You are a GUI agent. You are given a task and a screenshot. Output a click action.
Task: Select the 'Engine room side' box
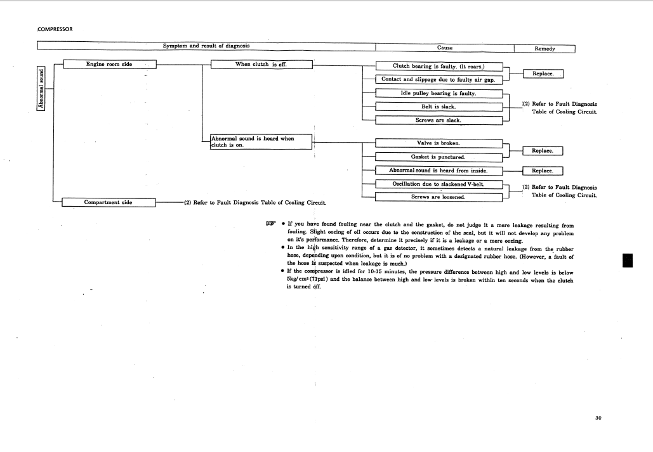point(109,64)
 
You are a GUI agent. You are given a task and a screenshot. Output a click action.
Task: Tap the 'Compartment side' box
point(109,202)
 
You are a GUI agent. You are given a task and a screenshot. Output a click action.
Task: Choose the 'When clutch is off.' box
point(261,64)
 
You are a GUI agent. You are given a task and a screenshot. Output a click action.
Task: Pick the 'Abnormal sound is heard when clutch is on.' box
point(261,141)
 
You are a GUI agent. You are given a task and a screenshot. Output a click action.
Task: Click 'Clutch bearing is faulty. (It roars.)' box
point(439,66)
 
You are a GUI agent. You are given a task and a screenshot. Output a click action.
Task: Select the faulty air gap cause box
point(439,79)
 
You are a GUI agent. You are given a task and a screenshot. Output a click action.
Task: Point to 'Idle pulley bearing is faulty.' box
point(439,93)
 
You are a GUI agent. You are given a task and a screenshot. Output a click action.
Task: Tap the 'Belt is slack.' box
point(439,107)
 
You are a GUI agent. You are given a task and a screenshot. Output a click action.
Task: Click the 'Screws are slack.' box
point(439,120)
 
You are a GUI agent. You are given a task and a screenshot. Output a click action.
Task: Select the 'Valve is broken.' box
point(439,143)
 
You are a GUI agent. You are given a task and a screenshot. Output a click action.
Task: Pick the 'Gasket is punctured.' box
point(439,157)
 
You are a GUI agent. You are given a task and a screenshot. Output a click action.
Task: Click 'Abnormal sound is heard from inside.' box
point(439,170)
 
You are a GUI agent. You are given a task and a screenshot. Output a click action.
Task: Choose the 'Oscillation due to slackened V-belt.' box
point(439,184)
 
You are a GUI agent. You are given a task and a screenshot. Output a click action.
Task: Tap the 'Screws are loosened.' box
point(439,197)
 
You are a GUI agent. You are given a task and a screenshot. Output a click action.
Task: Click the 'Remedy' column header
point(544,48)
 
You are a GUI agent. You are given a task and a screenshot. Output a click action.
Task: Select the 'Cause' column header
point(444,48)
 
